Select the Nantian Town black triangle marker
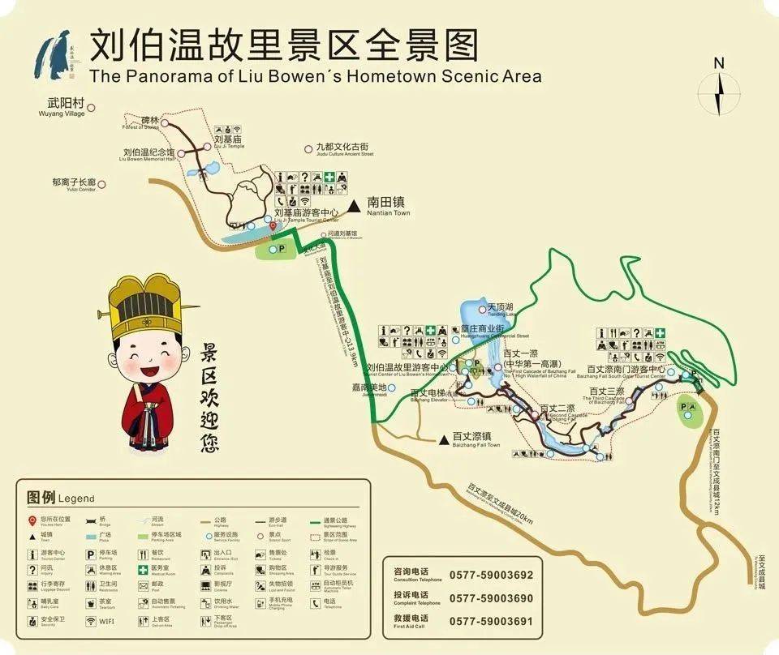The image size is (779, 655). [x=354, y=207]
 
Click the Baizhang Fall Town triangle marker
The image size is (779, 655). [x=443, y=440]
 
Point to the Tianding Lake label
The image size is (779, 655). [x=501, y=308]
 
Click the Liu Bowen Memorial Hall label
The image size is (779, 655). [x=148, y=153]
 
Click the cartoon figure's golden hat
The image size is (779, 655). [x=145, y=306]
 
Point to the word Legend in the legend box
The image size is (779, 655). [x=76, y=499]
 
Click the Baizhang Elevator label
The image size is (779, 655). [x=430, y=395]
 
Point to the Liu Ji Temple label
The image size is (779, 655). [x=229, y=141]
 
